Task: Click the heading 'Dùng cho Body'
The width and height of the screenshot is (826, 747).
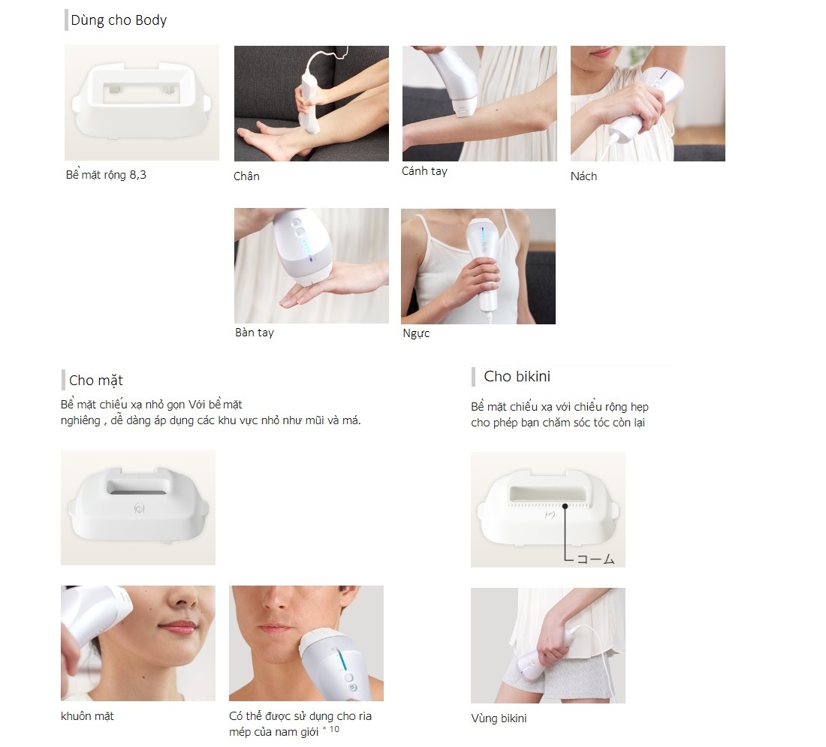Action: [x=119, y=20]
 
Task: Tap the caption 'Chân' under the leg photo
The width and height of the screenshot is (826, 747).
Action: [x=246, y=176]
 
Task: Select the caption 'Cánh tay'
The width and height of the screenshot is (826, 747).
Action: [x=424, y=170]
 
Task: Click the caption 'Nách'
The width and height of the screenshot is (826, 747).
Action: [x=583, y=176]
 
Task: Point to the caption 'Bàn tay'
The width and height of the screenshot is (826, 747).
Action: [x=255, y=333]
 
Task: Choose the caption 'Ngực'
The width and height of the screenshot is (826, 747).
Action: [x=416, y=333]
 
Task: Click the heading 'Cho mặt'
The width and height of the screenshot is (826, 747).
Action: [x=96, y=381]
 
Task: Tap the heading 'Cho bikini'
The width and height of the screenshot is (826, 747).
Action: [x=517, y=376]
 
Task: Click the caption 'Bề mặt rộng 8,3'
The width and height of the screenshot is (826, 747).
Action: [x=106, y=174]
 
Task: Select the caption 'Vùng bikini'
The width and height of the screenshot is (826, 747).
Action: [x=499, y=718]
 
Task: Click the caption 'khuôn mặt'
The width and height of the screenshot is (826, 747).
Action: [x=87, y=716]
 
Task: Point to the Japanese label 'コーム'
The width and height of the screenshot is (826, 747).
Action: [x=595, y=559]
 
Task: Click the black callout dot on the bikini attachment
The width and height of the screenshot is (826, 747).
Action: [x=565, y=506]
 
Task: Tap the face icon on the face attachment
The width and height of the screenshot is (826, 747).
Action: [x=139, y=508]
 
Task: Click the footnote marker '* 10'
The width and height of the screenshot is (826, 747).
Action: [x=331, y=729]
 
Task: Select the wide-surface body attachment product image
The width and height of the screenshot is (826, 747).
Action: [x=142, y=103]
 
